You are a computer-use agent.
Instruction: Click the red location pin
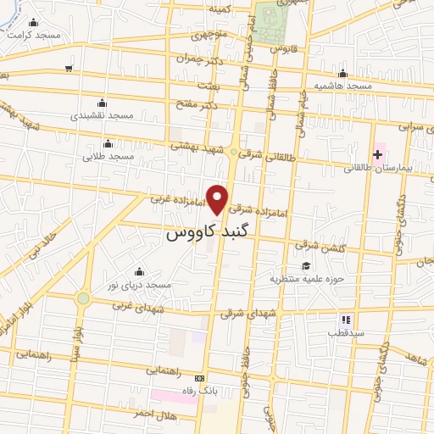pyautogui.click(x=218, y=198)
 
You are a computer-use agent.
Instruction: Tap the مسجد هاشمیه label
pyautogui.click(x=342, y=87)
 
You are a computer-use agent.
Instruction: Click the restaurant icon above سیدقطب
pyautogui.click(x=345, y=320)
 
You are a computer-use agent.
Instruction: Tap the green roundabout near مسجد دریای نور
pyautogui.click(x=83, y=298)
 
